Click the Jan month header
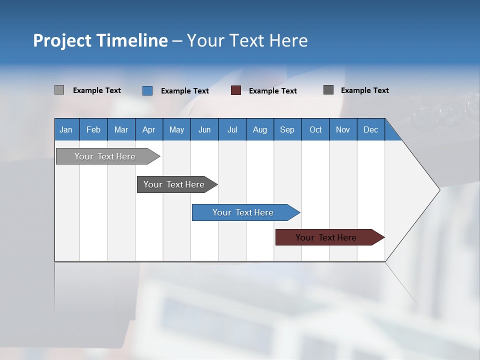[x=66, y=130]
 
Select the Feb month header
[x=93, y=130]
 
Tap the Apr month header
[x=149, y=130]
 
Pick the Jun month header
[x=204, y=130]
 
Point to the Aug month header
[x=260, y=130]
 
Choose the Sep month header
[x=287, y=130]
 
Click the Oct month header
[x=315, y=130]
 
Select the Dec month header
[x=371, y=130]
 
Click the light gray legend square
[x=59, y=90]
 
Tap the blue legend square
[x=147, y=90]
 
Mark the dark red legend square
[x=236, y=90]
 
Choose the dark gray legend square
[x=328, y=90]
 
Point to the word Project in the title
[x=62, y=40]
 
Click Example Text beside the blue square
[x=185, y=91]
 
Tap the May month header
[x=176, y=130]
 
